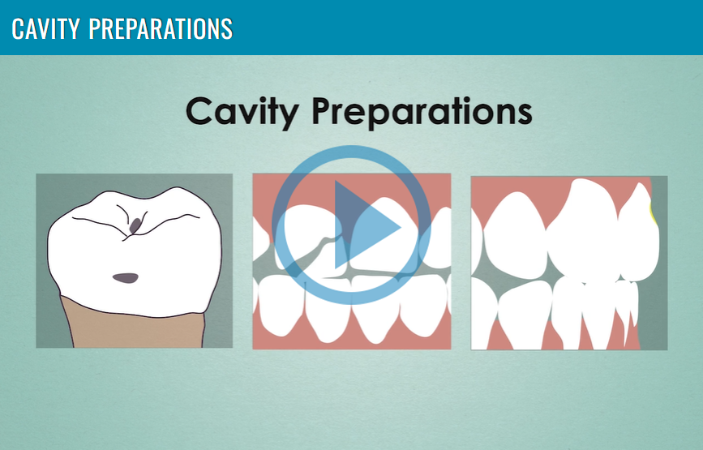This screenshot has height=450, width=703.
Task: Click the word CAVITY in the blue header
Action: [45, 28]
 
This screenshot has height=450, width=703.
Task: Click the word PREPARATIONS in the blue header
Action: [161, 28]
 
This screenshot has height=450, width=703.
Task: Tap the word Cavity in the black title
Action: [242, 111]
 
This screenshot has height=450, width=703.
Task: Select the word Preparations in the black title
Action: [422, 111]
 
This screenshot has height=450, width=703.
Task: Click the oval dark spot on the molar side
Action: [126, 278]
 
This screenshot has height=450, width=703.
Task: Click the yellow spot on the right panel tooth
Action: [654, 214]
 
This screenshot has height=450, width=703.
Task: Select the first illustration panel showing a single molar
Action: [134, 260]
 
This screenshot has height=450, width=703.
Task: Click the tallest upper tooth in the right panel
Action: [584, 229]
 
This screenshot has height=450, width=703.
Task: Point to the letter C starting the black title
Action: [199, 111]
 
